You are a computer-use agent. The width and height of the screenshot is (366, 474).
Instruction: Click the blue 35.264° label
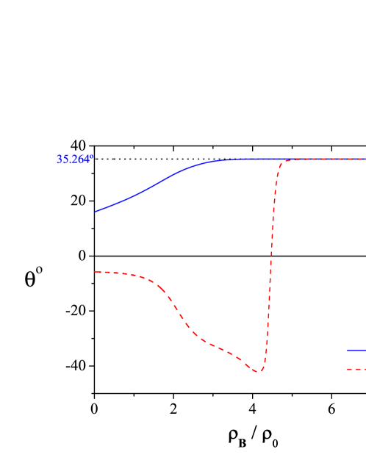75,159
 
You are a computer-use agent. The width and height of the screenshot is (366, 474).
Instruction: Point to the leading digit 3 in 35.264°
60,159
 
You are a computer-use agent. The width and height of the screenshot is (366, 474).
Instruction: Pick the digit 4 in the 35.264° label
87,159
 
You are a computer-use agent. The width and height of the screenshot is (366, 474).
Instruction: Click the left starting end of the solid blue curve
95,212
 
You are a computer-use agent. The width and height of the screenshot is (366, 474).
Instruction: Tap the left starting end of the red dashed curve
95,272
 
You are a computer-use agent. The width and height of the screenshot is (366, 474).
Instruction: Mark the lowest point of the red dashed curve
258,372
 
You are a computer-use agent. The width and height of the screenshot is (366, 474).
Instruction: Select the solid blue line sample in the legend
356,351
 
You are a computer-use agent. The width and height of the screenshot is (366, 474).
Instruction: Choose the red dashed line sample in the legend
356,369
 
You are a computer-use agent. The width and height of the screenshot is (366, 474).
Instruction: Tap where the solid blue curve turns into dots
232,159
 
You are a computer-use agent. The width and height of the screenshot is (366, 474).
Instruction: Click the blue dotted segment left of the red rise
254,159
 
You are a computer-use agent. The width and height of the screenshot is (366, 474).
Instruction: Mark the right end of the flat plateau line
364,159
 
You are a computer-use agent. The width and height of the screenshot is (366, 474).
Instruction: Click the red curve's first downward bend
157,284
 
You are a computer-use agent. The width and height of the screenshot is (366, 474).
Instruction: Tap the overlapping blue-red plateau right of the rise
323,159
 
